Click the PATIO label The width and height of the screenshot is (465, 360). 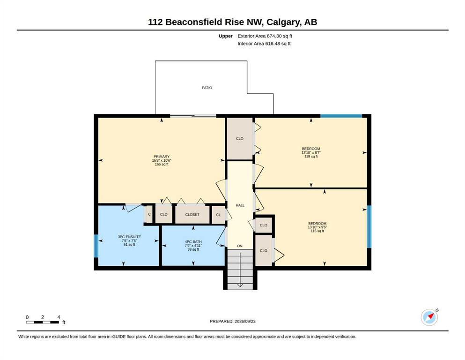coord(207,88)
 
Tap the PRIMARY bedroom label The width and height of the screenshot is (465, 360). coord(162,157)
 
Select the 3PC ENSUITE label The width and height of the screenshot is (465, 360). coord(129,237)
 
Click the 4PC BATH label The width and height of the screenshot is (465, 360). coord(193,242)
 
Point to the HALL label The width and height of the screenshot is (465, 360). coord(240,205)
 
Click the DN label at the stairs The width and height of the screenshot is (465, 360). coord(240,246)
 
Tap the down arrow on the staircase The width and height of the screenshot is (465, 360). coord(240,270)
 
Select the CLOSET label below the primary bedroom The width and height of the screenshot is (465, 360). coord(192,215)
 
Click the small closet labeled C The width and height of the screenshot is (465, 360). coord(149,214)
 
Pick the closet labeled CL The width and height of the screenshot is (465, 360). coord(219,215)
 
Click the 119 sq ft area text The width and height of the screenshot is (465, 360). coord(311,157)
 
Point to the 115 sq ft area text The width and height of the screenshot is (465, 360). coord(317,231)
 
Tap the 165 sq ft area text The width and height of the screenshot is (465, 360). coord(162,164)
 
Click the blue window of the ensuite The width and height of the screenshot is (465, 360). coord(96,246)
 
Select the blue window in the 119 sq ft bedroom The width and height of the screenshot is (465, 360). coord(341,116)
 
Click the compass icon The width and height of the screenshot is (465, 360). coord(429,317)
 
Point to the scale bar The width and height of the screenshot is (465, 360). coord(43,322)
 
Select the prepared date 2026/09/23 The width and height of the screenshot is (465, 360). coord(245,321)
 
